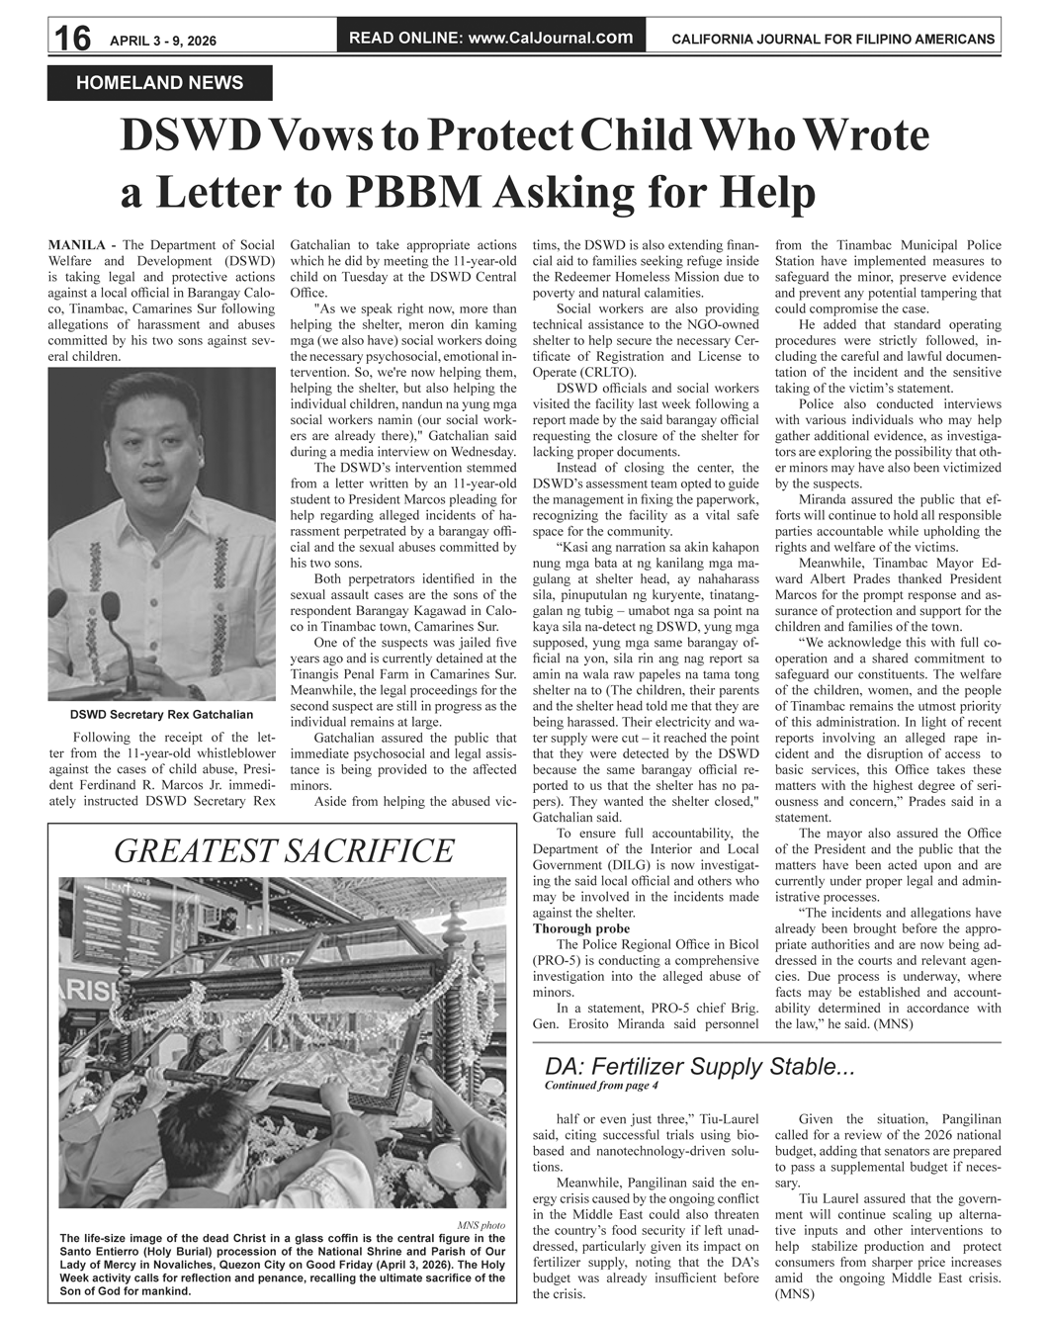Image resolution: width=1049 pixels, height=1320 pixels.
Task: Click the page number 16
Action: (x=71, y=39)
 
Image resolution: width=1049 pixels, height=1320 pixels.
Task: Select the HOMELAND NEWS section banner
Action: (x=159, y=83)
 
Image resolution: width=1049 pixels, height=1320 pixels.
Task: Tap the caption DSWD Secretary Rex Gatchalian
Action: (x=161, y=714)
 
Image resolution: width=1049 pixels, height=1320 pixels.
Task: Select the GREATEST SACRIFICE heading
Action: (x=284, y=850)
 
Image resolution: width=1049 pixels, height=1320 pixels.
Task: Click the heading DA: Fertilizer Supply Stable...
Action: (x=699, y=1067)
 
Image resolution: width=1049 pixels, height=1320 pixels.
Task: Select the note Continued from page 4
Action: (x=601, y=1086)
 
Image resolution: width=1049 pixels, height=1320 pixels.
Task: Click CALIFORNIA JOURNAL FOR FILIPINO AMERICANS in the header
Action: (x=832, y=40)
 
